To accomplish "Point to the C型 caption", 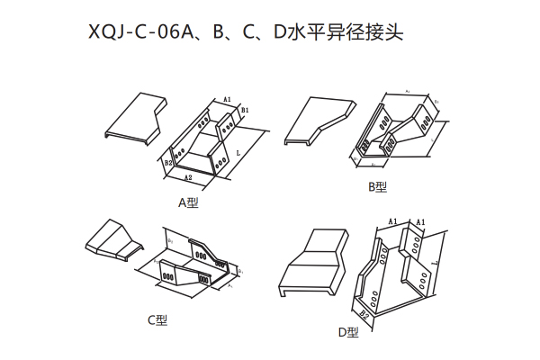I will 157,319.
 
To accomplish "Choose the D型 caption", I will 348,332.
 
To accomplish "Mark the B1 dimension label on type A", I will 244,110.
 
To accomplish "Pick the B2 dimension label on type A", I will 167,164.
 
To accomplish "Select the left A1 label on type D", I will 392,220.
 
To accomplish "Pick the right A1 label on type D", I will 419,220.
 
